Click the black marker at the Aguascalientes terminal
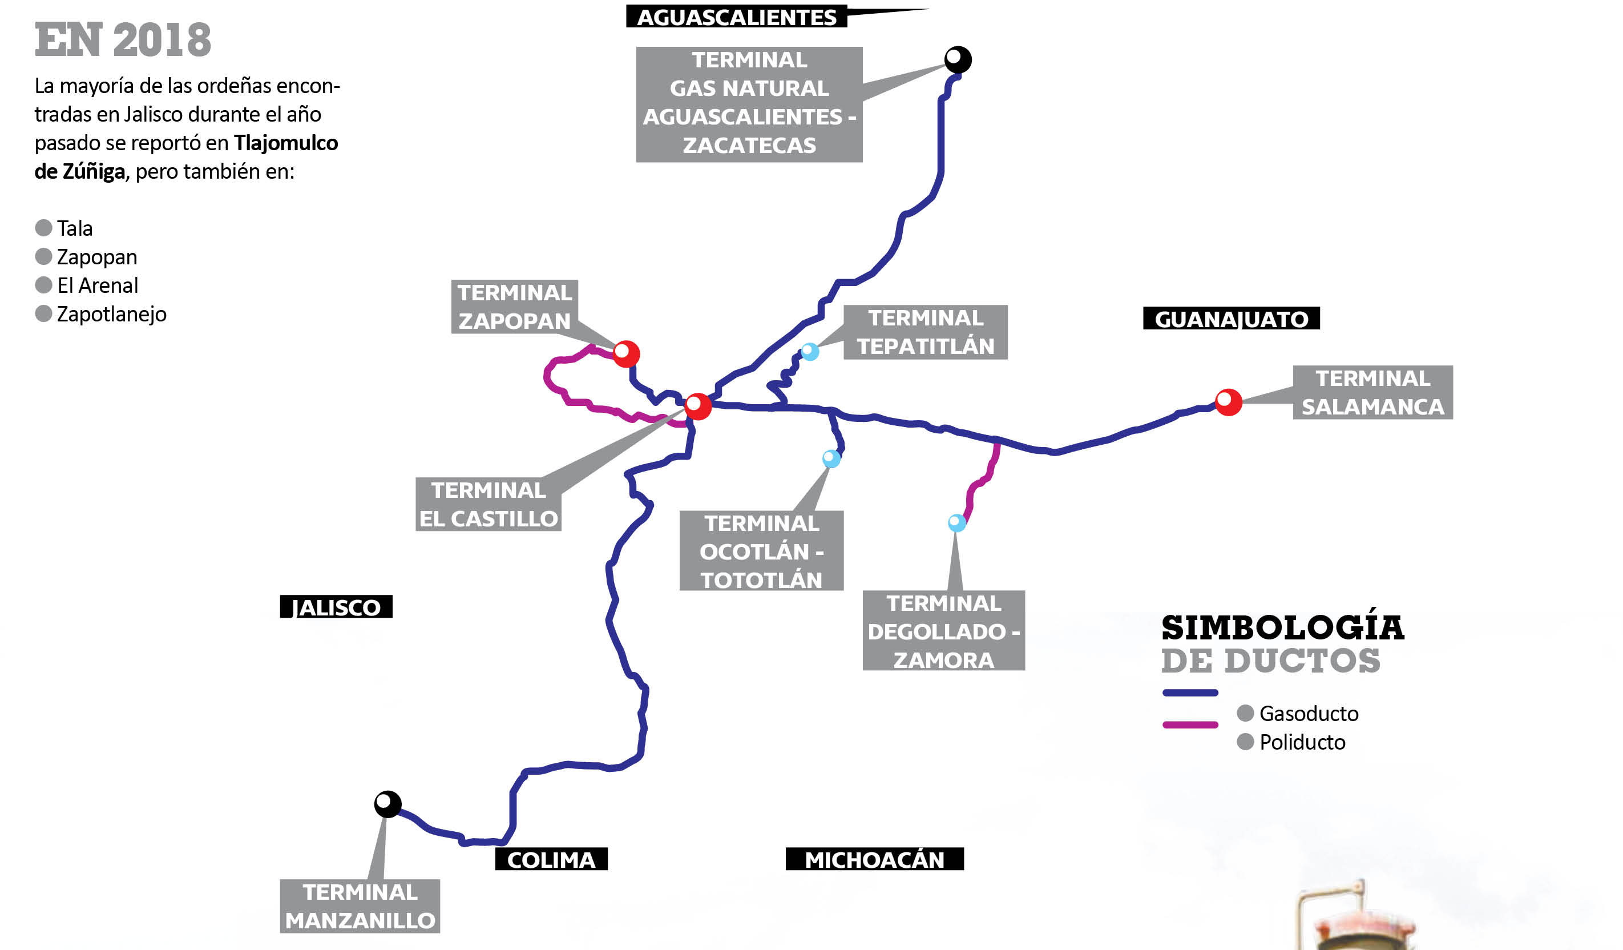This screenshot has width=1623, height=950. pos(958,60)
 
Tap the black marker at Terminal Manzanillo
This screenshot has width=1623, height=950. pos(387,804)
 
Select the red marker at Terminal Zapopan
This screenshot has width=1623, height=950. pos(626,353)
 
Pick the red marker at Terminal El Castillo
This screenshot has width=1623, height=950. pos(698,406)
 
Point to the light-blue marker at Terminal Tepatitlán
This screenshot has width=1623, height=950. pos(810,352)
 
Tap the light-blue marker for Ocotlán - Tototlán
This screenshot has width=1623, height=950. pos(831,458)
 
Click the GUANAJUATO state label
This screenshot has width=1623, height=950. pos(1231,319)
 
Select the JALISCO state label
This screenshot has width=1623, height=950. pos(336,606)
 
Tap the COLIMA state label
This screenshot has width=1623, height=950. pos(551,859)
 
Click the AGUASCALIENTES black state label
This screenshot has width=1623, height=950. pos(736,17)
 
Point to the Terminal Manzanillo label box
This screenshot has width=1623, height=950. pos(360,905)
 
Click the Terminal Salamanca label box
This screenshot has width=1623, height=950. pos(1372,393)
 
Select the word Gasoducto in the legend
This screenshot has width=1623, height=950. pos(1309,714)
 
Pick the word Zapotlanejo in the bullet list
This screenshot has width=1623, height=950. pos(111,314)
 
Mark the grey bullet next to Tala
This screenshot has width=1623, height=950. pos(43,228)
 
